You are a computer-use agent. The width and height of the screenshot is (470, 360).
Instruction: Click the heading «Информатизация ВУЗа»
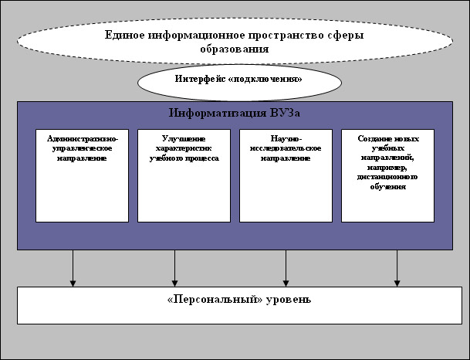click(234, 113)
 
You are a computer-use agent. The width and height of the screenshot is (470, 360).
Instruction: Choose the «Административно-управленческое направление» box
click(82, 175)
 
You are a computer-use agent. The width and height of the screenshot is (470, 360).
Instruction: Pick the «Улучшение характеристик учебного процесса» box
click(184, 175)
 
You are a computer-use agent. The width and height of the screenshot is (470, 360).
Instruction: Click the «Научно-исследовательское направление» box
click(286, 175)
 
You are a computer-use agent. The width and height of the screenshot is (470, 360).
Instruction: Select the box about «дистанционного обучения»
click(387, 175)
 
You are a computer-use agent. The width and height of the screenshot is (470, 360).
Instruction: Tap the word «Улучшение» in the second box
click(184, 139)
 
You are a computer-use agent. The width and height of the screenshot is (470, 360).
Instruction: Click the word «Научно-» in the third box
click(286, 139)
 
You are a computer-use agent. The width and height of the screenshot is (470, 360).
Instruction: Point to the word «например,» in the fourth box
click(387, 165)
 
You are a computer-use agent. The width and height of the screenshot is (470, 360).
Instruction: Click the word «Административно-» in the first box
click(82, 139)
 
